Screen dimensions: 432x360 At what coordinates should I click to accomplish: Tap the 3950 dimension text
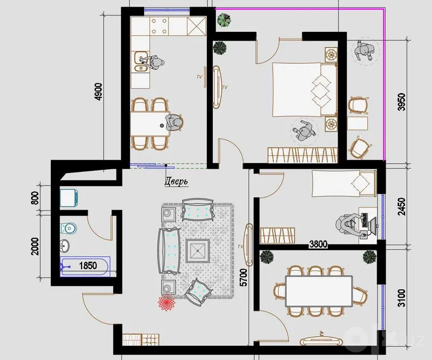tap(402, 102)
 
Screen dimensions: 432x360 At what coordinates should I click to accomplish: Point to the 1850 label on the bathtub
tap(88, 265)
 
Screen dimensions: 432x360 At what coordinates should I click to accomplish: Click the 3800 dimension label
tap(319, 244)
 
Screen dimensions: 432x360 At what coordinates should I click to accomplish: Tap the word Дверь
tap(177, 182)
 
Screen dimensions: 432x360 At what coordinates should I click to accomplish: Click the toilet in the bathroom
tap(68, 228)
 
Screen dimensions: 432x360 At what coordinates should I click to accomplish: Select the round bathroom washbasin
tap(65, 245)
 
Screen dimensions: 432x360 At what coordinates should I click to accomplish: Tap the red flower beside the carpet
tap(166, 302)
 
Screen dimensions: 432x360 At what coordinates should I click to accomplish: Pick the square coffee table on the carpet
tap(198, 251)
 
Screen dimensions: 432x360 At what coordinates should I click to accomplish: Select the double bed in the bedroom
tap(305, 89)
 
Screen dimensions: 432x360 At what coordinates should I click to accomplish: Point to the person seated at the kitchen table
tap(174, 123)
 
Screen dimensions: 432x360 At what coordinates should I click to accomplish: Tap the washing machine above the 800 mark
tap(69, 198)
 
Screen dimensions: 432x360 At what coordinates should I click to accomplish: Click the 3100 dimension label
tap(402, 298)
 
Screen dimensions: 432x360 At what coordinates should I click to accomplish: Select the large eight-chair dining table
tap(319, 291)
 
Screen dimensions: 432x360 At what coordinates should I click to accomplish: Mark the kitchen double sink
tap(140, 62)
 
